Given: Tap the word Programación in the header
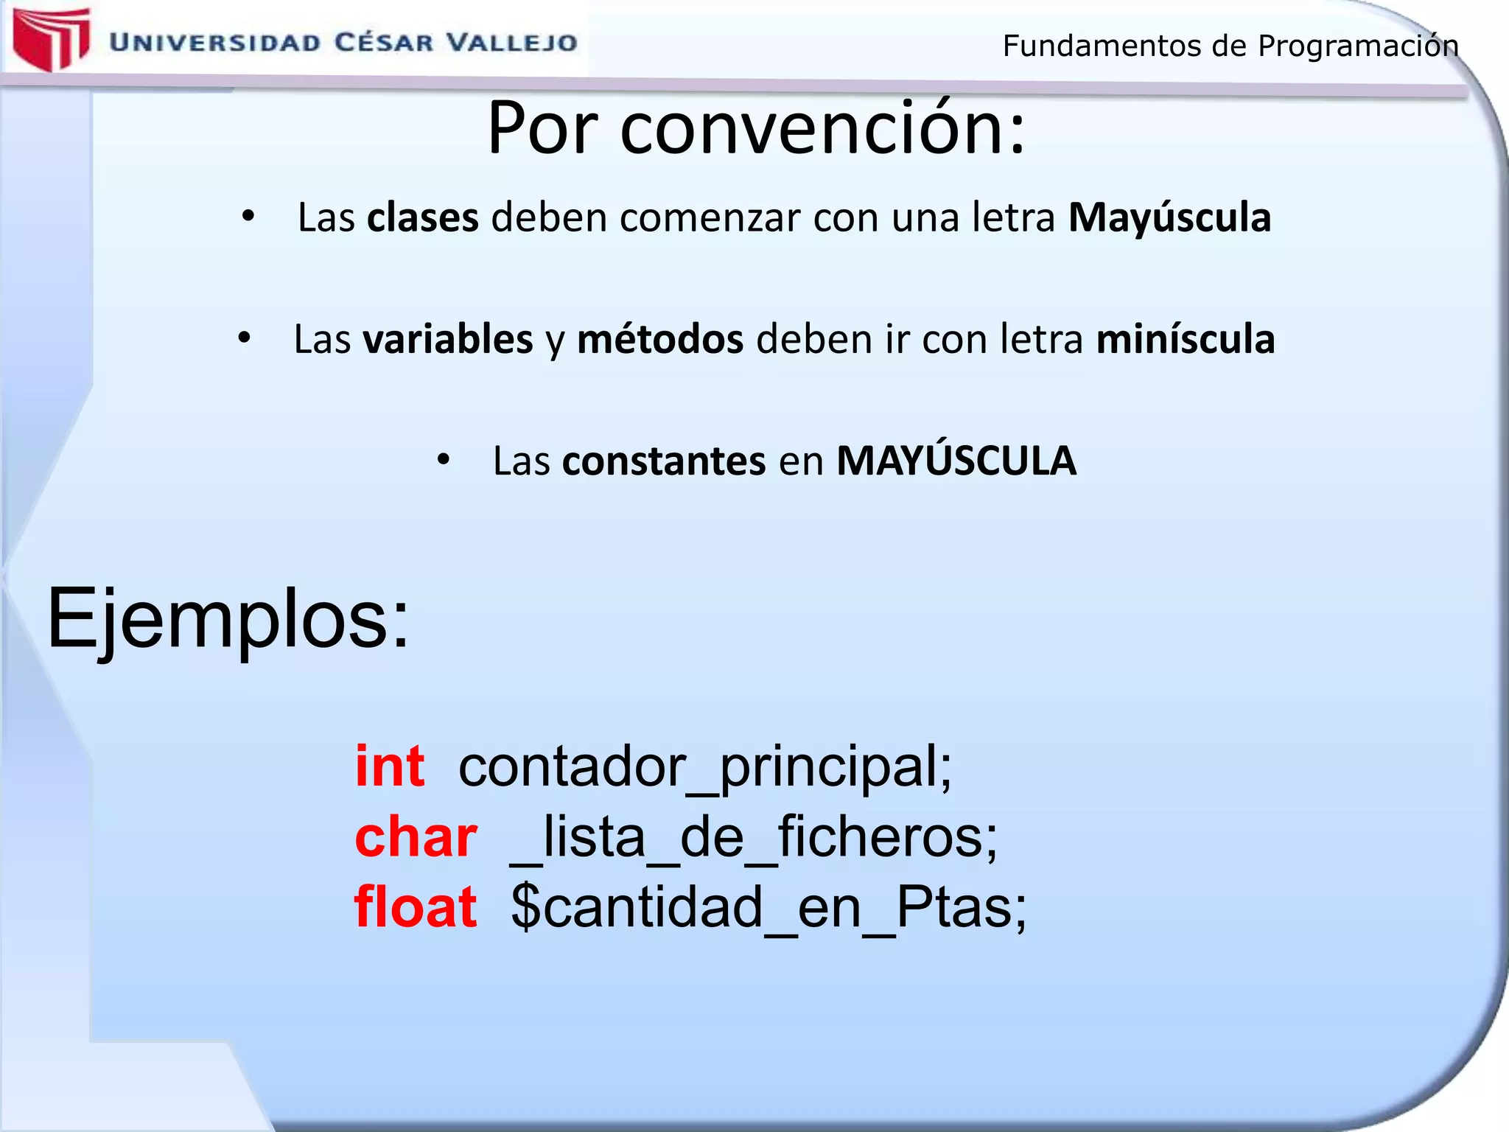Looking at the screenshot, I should coord(1358,46).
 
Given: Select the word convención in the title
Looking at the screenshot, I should coord(822,130).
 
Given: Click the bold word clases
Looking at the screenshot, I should coord(423,217).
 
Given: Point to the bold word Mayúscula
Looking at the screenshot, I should coord(1169,217).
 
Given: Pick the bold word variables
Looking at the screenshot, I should coord(448,339).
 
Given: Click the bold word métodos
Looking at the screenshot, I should coord(660,339).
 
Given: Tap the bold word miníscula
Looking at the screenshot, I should coord(1186,339).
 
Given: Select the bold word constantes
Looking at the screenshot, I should coord(664,461).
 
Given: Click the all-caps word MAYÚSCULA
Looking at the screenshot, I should coord(956,461).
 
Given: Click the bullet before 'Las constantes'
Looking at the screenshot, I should coord(443,460).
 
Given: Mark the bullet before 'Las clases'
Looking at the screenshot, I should coord(248,217).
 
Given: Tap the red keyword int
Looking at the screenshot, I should coord(389,766).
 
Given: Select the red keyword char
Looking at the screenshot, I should coord(416,837).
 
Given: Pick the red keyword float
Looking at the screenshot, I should coord(416,906).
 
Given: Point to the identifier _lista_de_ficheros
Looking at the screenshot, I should coord(753,839).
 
